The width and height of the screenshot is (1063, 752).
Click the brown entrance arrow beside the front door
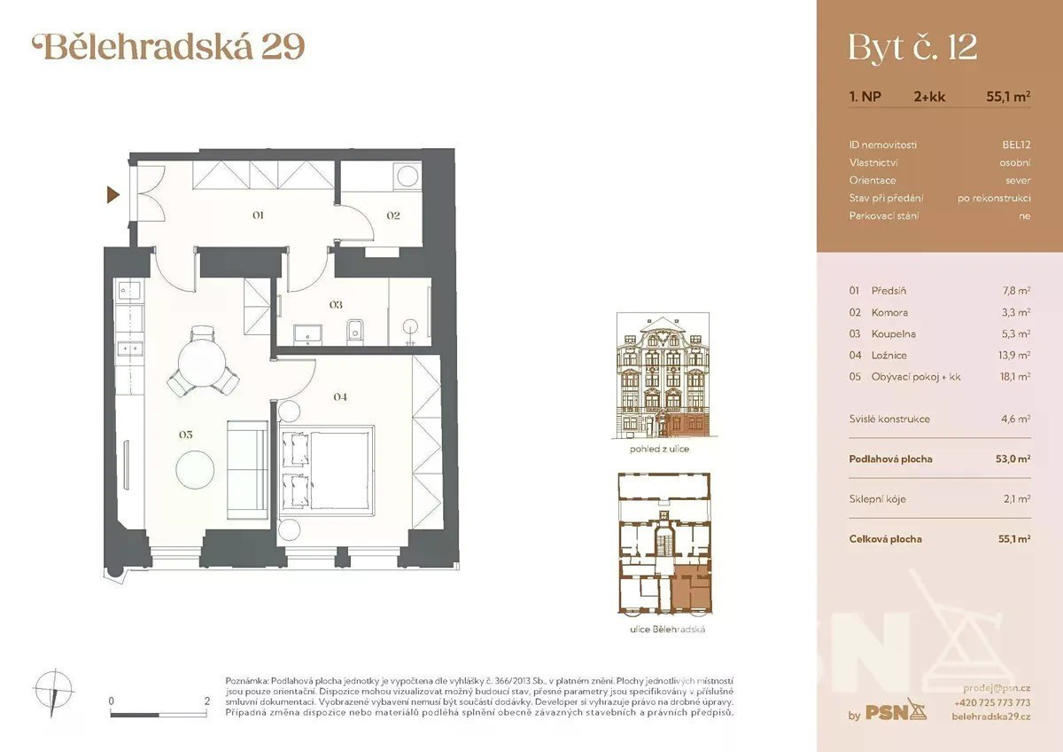pos(113,195)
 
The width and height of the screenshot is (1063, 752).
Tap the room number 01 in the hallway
pos(258,215)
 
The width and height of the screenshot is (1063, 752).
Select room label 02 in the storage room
pos(393,215)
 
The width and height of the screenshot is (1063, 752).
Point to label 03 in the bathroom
pos(336,304)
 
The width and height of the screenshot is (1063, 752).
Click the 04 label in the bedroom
pos(340,396)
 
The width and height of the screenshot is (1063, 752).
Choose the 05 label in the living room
pos(186,435)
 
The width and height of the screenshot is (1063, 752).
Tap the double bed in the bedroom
pos(327,470)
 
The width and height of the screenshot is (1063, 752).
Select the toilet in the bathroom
pos(355,332)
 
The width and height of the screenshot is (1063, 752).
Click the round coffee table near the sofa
pos(195,469)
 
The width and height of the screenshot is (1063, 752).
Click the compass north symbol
pos(54,692)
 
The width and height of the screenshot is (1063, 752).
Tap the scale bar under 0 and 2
pos(159,715)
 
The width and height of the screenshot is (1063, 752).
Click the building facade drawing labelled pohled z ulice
pos(663,375)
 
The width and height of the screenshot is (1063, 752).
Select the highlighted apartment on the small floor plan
pos(692,589)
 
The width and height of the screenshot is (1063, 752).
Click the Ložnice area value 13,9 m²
pos(1016,355)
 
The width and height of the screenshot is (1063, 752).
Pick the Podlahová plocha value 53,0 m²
pos(1013,458)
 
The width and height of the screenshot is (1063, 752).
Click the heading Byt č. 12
pos(912,49)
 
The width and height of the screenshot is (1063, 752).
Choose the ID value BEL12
pos(1017,145)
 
